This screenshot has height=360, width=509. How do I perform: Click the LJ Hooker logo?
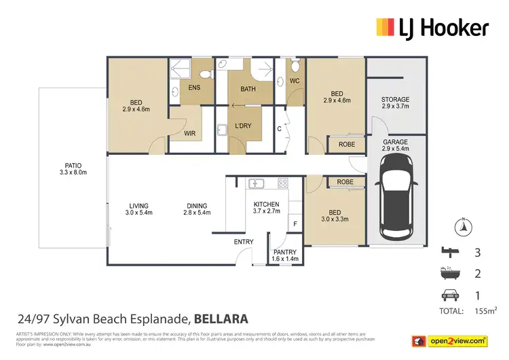pos(432,27)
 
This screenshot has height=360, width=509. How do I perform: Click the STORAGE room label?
pos(396,103)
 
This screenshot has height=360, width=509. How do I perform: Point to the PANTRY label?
pos(286,255)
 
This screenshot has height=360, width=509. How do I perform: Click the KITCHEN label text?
pos(266,209)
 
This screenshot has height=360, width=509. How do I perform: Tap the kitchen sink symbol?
pos(257,183)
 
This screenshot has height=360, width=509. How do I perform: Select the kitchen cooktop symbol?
pos(282,183)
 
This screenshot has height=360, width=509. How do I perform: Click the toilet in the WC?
pos(294,67)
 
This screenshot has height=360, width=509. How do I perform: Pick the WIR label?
pos(190,134)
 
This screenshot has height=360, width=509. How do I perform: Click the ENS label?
pos(194,87)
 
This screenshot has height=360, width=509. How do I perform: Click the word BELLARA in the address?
pos(221,317)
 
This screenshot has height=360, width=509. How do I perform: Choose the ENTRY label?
pos(244,242)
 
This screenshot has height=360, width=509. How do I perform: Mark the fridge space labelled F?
pos(295,223)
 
